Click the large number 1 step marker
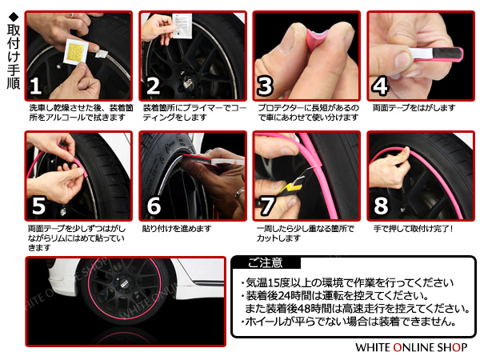pos(36,86)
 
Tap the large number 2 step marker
pos(154,86)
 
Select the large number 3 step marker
pos(265,86)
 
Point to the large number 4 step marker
pos(380,86)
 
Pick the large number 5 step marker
pos(39,206)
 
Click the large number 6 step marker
pos(154,206)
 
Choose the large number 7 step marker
pos(266,206)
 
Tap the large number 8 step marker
pos(381,206)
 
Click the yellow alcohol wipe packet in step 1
pos(76,52)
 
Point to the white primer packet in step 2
pos(182,26)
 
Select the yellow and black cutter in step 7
pos(292,185)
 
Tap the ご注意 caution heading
pos(265,263)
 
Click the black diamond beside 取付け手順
pos(14,16)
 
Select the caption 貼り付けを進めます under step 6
pos(177,228)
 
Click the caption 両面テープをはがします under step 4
pos(414,108)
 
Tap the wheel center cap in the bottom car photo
pos(124,284)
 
